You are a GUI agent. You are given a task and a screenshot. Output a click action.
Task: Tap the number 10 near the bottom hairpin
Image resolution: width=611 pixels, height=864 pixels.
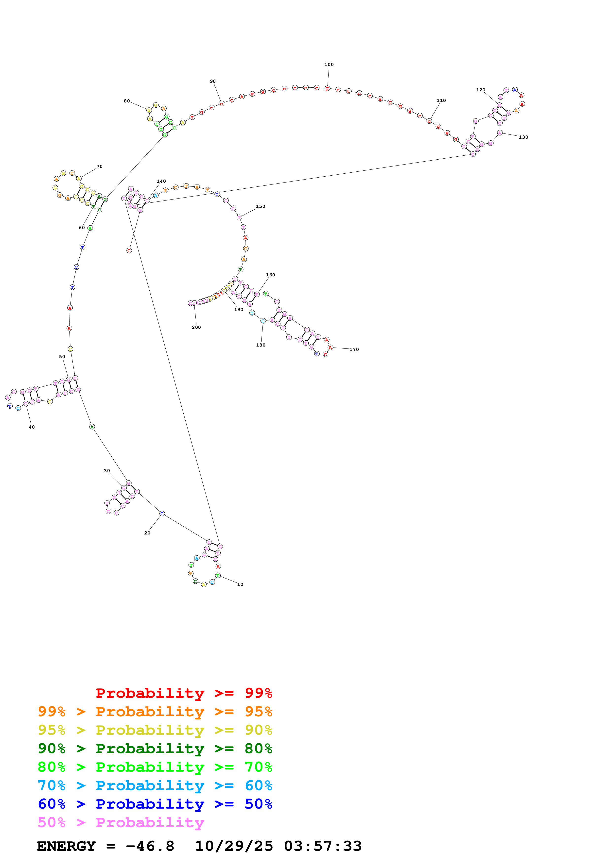pyautogui.click(x=240, y=584)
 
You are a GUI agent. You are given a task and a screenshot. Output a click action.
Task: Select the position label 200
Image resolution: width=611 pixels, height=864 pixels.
pyautogui.click(x=196, y=327)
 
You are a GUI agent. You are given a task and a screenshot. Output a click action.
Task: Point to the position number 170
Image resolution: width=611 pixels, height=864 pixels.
pyautogui.click(x=354, y=349)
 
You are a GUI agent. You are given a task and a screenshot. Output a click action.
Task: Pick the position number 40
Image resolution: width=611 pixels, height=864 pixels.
pyautogui.click(x=32, y=427)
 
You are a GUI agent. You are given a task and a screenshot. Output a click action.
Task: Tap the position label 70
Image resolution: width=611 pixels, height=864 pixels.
pyautogui.click(x=99, y=166)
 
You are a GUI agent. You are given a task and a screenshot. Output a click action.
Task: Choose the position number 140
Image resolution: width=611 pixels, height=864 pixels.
pyautogui.click(x=161, y=181)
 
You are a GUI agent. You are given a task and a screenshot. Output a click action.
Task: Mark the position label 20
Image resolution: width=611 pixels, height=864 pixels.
pyautogui.click(x=147, y=533)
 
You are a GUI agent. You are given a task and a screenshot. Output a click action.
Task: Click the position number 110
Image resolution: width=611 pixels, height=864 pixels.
pyautogui.click(x=441, y=100)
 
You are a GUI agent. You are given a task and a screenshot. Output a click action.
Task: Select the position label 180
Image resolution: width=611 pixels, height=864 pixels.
pyautogui.click(x=261, y=345)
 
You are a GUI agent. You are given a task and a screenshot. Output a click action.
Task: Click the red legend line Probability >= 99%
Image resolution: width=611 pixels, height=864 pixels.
pyautogui.click(x=184, y=693)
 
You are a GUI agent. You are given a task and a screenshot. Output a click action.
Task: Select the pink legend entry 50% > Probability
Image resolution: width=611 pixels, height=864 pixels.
pyautogui.click(x=121, y=823)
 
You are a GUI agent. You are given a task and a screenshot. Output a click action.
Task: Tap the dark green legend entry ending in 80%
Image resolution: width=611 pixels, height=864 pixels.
pyautogui.click(x=155, y=748)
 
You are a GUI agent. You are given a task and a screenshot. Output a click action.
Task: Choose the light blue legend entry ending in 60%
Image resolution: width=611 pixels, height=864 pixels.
pyautogui.click(x=155, y=786)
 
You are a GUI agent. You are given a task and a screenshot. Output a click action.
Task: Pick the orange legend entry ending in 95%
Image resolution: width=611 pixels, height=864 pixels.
pyautogui.click(x=155, y=712)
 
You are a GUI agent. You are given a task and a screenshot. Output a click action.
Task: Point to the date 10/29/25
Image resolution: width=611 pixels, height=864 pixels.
pyautogui.click(x=233, y=846)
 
